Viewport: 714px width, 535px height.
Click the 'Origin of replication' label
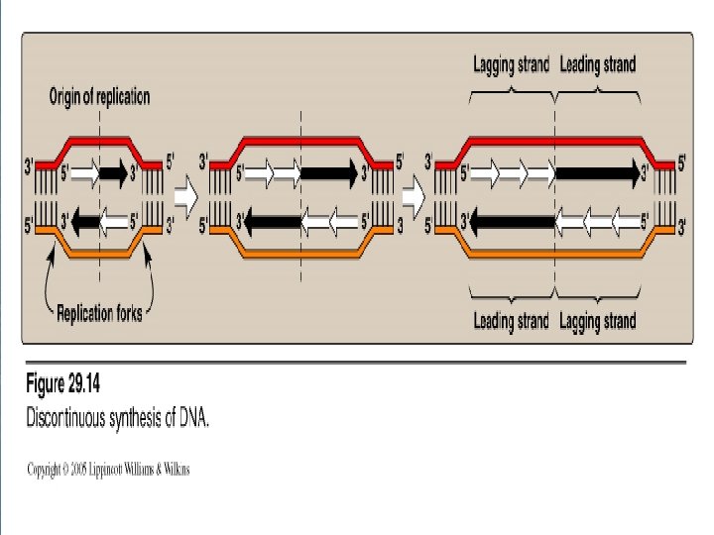pos(99,97)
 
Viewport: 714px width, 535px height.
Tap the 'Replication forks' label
pos(99,314)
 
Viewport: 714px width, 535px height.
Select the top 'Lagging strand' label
pos(510,65)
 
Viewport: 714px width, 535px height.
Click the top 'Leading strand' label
pos(598,65)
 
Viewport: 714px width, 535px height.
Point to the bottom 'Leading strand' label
pos(511,321)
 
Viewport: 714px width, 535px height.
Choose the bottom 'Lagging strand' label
pos(598,321)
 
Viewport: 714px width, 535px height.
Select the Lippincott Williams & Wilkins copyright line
pos(108,469)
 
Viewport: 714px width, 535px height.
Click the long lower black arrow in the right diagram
pos(512,219)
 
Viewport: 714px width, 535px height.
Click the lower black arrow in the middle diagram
pos(269,219)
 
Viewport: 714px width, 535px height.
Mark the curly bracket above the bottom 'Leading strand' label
pos(512,294)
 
